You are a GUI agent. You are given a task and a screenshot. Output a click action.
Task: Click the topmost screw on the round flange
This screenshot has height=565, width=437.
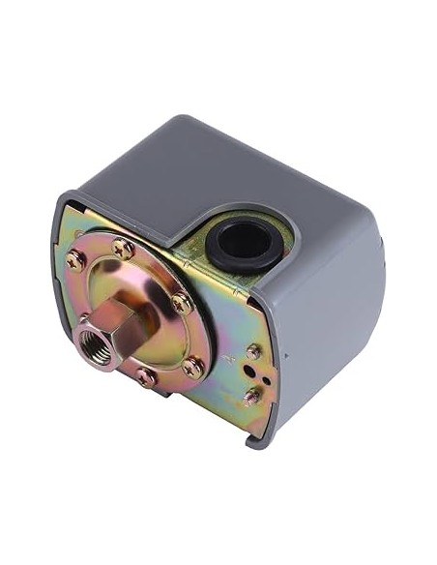[124, 247]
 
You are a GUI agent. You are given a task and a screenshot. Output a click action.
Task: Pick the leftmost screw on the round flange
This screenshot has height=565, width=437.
[74, 260]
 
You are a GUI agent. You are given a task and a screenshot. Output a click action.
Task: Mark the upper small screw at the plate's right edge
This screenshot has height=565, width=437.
[254, 352]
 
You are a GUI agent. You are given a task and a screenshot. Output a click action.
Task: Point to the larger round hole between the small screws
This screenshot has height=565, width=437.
[254, 372]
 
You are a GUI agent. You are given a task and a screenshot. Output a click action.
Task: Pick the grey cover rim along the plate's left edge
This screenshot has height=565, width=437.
[61, 281]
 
